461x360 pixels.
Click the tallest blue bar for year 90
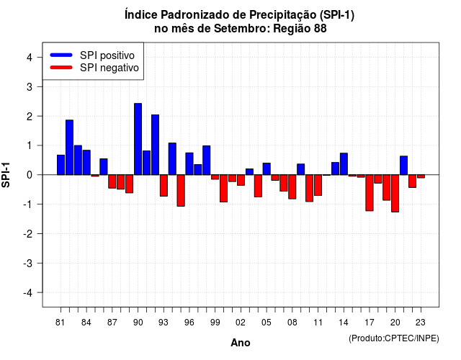pos(138,139)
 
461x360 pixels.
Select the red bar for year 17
pos(370,193)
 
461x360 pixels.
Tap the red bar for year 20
pos(395,194)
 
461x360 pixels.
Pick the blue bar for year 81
pos(61,165)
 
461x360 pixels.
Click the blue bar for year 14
pos(344,164)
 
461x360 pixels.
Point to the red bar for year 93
pos(164,186)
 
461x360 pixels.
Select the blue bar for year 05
pos(267,169)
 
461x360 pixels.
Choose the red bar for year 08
pos(292,187)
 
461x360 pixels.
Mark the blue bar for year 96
pos(189,163)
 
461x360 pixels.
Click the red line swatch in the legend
pos(61,68)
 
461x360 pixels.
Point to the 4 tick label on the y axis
pos(30,58)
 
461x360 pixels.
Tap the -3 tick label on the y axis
pos(27,264)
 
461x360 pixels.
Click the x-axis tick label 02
pos(241,323)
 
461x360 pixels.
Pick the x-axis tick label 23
pos(421,323)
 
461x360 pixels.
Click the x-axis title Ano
pos(241,343)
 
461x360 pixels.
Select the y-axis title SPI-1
pos(6,175)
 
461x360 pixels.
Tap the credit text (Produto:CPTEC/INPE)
pos(394,338)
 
